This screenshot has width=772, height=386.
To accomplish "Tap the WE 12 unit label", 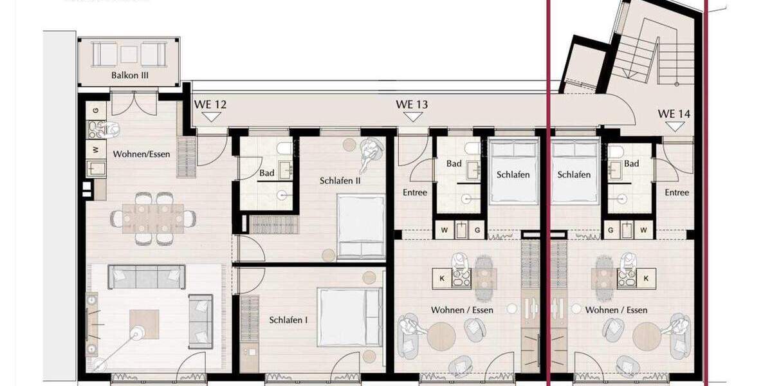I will tap(210, 104).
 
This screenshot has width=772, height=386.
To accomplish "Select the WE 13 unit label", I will tap(412, 104).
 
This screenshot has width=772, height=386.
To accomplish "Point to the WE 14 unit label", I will tap(674, 114).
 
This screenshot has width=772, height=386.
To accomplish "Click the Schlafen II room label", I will tap(340, 181).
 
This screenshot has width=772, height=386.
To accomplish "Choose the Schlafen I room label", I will tap(287, 320).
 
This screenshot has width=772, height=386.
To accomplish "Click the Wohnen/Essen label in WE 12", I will tap(142, 154).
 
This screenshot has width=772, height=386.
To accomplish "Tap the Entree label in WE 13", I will tap(414, 192).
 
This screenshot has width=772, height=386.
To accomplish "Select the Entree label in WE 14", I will tap(677, 192).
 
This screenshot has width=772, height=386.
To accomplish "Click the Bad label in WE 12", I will tap(267, 173).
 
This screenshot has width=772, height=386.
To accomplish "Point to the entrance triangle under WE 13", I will tap(412, 116).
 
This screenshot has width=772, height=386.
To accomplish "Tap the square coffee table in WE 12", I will tap(144, 324).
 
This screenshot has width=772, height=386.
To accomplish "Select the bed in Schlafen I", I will tap(341, 317).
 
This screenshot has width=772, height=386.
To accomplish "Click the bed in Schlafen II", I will tap(361, 226).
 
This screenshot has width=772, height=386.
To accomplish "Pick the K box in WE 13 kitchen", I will tap(442, 278).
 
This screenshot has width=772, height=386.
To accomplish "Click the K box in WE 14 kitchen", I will tap(646, 278).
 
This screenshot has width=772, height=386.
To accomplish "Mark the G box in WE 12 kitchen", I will tap(96, 110).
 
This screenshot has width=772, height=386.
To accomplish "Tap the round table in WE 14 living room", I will tap(647, 336).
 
